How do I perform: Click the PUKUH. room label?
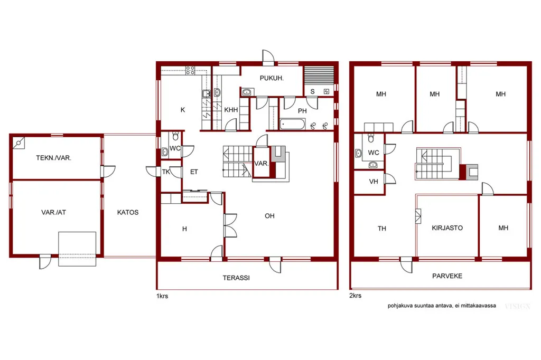click(272, 78)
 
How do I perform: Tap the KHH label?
click(231, 110)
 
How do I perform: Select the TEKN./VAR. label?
click(53, 158)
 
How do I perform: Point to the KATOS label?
click(128, 212)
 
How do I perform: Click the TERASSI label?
click(236, 278)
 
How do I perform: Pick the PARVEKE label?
click(447, 276)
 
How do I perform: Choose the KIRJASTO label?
click(447, 228)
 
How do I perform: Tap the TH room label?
click(381, 228)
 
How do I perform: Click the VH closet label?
click(374, 182)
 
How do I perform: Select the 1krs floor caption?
click(162, 296)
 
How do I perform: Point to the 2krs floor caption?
click(356, 296)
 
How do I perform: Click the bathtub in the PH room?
click(292, 124)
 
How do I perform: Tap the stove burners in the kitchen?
click(190, 70)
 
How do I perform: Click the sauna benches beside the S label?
click(319, 75)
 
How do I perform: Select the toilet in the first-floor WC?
click(175, 136)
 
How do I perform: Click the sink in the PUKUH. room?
click(247, 92)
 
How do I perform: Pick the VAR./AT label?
click(53, 212)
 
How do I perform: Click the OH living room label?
click(269, 216)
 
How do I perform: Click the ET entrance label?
click(194, 172)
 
